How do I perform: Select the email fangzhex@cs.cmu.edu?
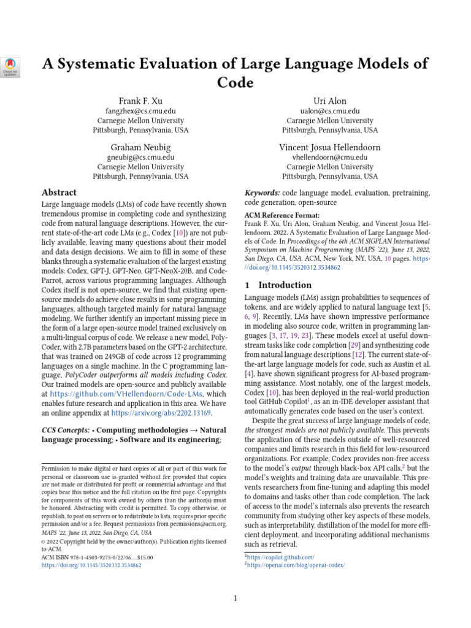140,111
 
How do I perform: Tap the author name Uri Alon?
330,101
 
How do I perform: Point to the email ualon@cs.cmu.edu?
330,111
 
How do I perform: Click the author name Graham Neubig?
140,147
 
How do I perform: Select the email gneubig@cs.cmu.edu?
140,158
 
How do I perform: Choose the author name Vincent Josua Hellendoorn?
330,147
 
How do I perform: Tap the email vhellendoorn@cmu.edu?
330,158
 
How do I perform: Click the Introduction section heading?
285,285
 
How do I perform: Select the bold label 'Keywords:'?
262,192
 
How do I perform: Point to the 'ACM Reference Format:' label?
281,216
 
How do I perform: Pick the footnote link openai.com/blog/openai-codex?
296,565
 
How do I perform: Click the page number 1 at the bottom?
235,598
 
